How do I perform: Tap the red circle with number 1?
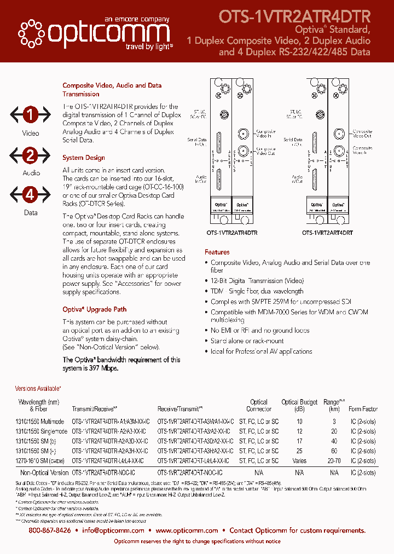coord(31,115)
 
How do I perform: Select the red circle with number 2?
coord(31,155)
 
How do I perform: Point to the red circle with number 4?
coord(31,195)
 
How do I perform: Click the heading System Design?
coord(84,158)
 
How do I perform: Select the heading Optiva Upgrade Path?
coord(94,309)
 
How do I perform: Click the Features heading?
coord(217,252)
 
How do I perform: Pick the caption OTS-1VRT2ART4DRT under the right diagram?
coord(327,232)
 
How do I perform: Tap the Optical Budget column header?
coord(299,405)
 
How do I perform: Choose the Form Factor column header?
coord(363,409)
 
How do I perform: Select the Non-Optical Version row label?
coord(44,472)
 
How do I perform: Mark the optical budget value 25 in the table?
coord(299,451)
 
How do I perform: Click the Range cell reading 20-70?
coord(334,461)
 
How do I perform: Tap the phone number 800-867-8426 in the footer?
coord(50,530)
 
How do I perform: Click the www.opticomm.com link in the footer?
coord(187,530)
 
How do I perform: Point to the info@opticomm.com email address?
coord(113,530)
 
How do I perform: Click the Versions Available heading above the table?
coord(38,388)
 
